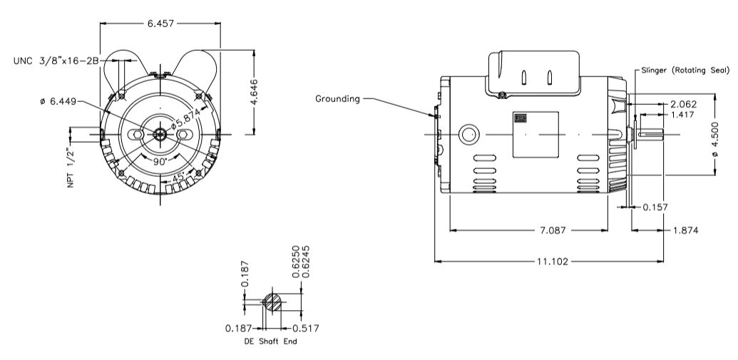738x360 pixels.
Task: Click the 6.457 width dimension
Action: click(161, 24)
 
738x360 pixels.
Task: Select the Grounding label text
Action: click(337, 98)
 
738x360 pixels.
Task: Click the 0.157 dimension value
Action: click(656, 207)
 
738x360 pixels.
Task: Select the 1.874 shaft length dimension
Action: click(683, 230)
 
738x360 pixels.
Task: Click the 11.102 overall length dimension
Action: click(550, 262)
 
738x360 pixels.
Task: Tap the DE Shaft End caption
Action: click(270, 341)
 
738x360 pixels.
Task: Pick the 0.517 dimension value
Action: click(305, 328)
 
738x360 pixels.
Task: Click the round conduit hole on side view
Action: click(468, 133)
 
